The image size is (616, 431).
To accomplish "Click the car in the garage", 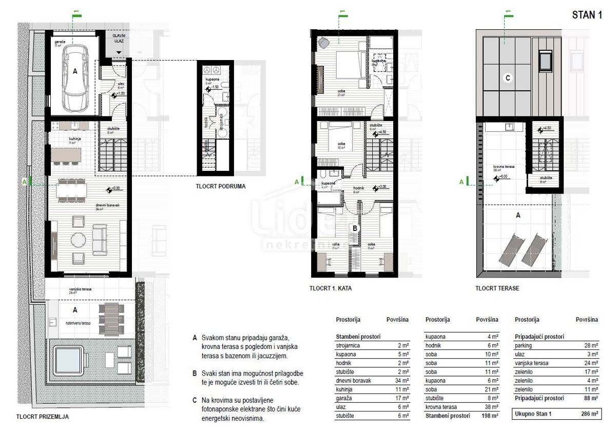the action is (75, 75).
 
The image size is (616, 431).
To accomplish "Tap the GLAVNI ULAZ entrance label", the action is (119, 39).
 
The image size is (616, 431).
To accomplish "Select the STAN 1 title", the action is (587, 15).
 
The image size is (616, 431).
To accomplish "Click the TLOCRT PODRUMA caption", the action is (220, 187).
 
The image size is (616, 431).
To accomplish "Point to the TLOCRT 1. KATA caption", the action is (331, 289).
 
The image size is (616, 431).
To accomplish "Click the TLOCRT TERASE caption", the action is (497, 289).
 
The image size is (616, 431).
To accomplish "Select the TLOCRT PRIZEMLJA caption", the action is (43, 417).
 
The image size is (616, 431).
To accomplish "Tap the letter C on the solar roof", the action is (508, 79).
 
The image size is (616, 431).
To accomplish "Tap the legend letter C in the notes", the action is (195, 399).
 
